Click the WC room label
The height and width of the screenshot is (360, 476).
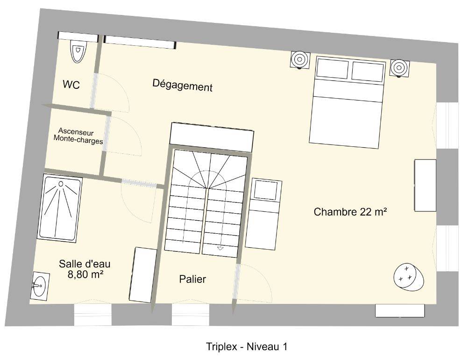[x=71, y=85]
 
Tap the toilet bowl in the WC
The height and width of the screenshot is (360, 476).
[x=78, y=51]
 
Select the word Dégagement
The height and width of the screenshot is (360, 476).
[x=183, y=85]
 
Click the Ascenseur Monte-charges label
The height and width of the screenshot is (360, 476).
[x=78, y=136]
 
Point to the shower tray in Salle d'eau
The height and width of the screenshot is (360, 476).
[x=60, y=208]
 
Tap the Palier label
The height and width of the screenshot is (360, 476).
[x=192, y=279]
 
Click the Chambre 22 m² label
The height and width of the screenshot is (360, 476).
[x=350, y=212]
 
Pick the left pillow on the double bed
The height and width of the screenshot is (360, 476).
[x=333, y=68]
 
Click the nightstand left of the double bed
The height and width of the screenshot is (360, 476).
[x=300, y=60]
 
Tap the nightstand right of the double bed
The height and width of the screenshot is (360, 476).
[x=399, y=67]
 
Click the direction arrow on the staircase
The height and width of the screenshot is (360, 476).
[x=220, y=248]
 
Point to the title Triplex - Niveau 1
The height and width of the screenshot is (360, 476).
[x=247, y=346]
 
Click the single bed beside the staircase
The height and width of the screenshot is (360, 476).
[x=263, y=214]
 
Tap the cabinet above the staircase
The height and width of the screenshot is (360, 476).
[x=212, y=137]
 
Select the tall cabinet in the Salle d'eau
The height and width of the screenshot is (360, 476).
[x=143, y=274]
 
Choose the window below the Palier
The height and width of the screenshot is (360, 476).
[x=191, y=315]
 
